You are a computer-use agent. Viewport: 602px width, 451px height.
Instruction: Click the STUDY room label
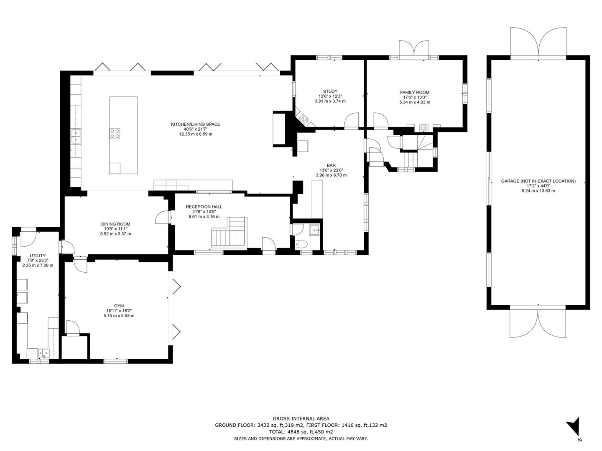coord(330,91)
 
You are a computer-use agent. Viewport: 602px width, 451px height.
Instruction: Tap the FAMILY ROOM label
coord(414,93)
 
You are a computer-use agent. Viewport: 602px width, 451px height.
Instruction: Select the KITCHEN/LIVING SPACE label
coord(195,124)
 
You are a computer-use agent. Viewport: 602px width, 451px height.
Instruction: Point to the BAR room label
coord(331,165)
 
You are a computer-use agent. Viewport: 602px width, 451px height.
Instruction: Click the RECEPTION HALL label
coord(204,207)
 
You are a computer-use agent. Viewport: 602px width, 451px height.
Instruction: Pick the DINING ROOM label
coord(115,224)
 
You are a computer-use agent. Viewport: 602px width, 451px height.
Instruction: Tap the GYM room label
coord(119,306)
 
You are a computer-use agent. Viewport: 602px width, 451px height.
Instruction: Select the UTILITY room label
coord(38,256)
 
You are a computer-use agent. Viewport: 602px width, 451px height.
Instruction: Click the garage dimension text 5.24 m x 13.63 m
coord(538,191)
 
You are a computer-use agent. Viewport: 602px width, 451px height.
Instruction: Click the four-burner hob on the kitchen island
coord(115,133)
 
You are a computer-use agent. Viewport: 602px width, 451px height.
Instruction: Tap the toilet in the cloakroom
coord(298,244)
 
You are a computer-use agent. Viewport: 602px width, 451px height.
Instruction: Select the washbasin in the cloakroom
coord(314,230)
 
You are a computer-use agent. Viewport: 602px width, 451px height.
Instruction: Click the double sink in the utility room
coord(43,353)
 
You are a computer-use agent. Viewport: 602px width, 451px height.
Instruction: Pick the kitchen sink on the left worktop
coord(76,137)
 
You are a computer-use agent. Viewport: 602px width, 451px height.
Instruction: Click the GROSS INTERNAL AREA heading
coord(301,418)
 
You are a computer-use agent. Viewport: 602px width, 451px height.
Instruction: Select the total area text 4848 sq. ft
coord(299,432)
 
